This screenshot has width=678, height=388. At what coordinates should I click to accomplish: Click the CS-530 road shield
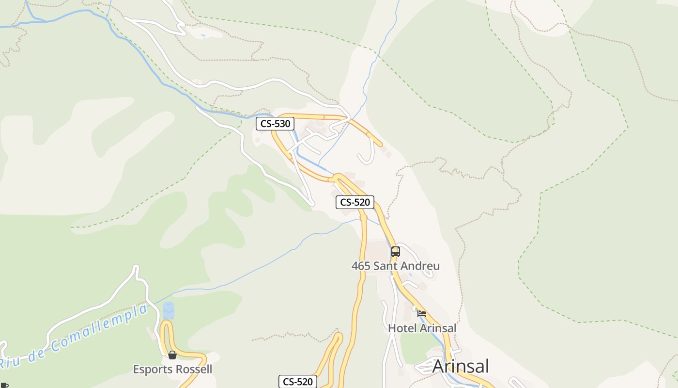(x=275, y=124)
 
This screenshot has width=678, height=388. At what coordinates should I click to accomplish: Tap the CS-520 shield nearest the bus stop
(x=355, y=202)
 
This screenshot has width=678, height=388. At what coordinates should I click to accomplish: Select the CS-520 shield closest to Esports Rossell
(x=298, y=382)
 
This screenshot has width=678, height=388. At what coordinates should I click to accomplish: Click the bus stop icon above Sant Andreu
(x=396, y=252)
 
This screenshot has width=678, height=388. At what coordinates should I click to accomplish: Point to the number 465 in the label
(x=361, y=266)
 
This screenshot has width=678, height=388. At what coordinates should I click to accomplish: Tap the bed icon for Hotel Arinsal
(x=422, y=314)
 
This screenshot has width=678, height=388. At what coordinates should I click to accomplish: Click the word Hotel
(x=401, y=328)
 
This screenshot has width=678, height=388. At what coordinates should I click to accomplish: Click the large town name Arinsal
(x=461, y=366)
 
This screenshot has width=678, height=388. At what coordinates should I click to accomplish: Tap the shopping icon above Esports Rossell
(x=172, y=356)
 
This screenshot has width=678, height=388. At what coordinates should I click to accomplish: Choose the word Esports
(x=152, y=370)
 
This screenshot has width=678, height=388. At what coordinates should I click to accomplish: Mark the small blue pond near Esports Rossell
(x=168, y=310)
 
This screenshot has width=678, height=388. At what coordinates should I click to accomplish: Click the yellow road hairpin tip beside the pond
(x=167, y=323)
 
